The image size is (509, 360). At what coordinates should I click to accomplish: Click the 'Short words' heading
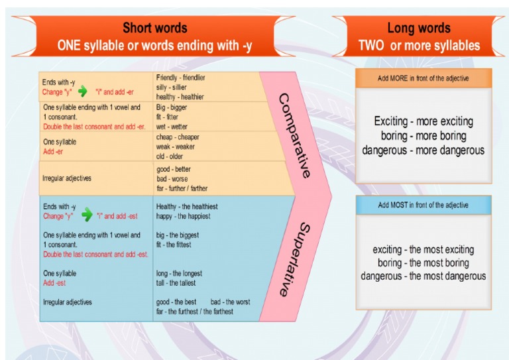pos(155,28)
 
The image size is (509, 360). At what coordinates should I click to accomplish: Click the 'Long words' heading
pos(418,28)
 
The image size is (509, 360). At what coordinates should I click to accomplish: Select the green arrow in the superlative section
pos(86,215)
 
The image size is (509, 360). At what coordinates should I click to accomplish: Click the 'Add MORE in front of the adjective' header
pos(423,78)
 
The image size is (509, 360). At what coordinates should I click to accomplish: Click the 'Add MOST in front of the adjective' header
pos(423,205)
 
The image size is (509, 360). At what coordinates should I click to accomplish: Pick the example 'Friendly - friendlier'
pos(180,78)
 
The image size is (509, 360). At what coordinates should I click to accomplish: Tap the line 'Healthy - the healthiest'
pos(186,206)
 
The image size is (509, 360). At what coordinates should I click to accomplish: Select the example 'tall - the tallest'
pos(176,283)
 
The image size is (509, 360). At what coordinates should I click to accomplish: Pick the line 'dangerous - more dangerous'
pos(423,150)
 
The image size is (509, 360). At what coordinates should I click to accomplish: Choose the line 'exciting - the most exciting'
pos(423,250)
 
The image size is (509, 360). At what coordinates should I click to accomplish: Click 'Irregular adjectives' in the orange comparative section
pos(67,178)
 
